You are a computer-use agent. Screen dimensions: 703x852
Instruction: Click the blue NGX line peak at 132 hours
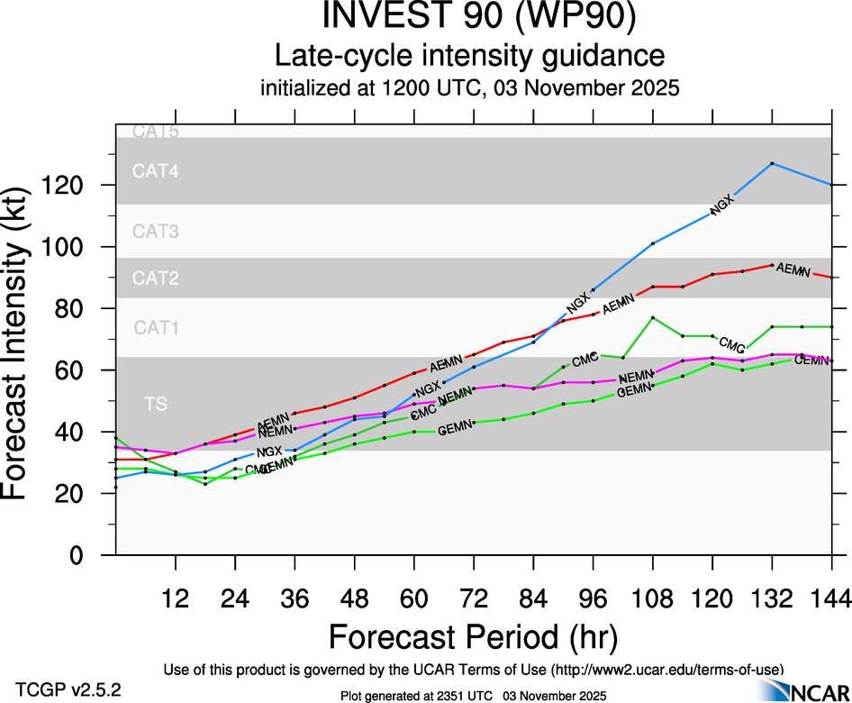pos(772,163)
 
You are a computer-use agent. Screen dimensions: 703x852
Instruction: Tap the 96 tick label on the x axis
pos(593,599)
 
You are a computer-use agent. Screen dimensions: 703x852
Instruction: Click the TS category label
pos(156,405)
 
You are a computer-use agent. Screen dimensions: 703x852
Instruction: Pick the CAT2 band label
pos(156,278)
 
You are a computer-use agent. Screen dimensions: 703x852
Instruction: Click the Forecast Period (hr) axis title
pos(473,636)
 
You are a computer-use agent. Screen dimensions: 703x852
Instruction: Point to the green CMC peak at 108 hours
pos(652,317)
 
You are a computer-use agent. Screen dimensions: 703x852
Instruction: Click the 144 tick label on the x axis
pos(830,599)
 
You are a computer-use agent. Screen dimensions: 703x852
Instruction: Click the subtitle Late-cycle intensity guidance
pos(469,56)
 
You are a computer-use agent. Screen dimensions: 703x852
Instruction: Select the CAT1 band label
pos(156,328)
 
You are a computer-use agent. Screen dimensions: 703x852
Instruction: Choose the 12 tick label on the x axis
pos(176,599)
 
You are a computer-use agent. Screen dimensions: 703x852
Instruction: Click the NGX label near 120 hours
pos(722,205)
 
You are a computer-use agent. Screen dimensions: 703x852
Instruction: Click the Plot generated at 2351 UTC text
pos(473,696)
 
